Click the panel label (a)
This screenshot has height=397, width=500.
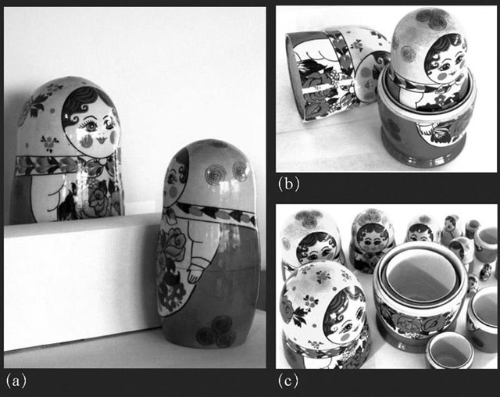(x=16, y=381)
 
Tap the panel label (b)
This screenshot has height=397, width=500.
(x=288, y=184)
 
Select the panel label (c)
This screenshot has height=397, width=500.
(x=288, y=381)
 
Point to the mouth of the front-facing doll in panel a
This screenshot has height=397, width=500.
(x=102, y=139)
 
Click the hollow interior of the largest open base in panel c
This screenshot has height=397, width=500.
(x=422, y=277)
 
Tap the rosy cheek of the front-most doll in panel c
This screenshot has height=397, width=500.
(x=345, y=336)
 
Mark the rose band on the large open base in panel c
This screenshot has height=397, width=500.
(x=418, y=322)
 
